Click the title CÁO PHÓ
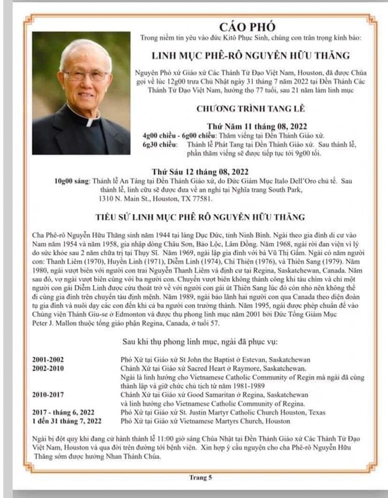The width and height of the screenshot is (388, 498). click(x=247, y=26)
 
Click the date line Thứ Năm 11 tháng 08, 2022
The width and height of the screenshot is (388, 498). click(x=246, y=126)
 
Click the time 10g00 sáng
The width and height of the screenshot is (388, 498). click(x=71, y=181)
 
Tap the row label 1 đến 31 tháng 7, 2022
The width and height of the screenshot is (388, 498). click(x=67, y=421)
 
